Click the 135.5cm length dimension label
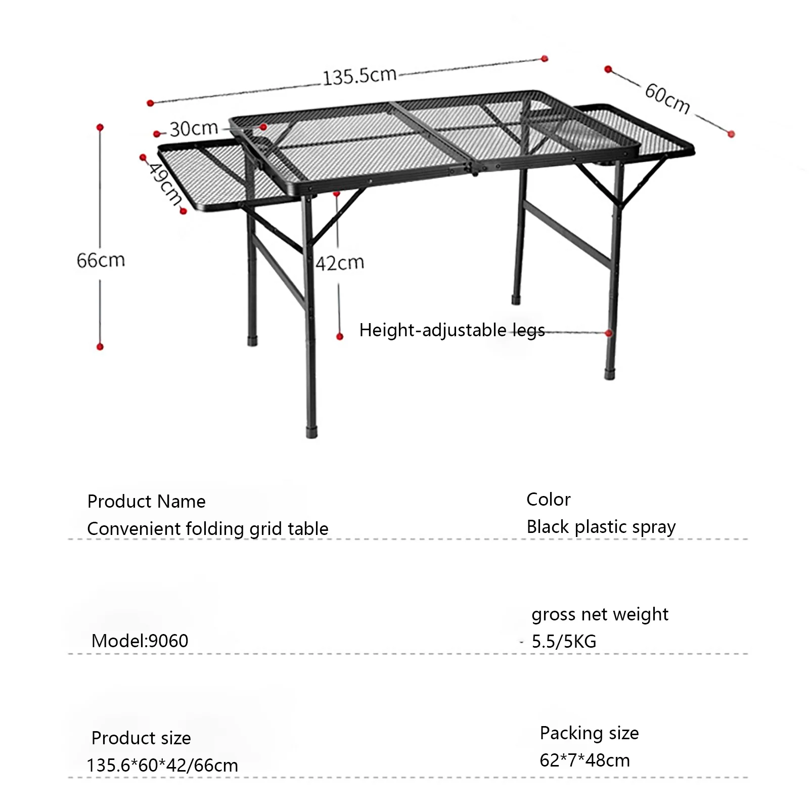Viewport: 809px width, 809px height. [x=359, y=76]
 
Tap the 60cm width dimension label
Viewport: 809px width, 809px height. [x=667, y=99]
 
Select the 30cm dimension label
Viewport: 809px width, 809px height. [x=194, y=129]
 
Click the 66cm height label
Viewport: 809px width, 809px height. [x=101, y=260]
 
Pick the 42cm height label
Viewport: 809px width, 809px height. [x=340, y=263]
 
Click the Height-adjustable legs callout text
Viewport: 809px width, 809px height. [x=452, y=330]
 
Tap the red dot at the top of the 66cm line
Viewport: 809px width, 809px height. [x=100, y=127]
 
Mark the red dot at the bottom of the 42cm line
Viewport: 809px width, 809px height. [x=340, y=336]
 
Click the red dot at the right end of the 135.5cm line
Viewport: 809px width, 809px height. [x=545, y=59]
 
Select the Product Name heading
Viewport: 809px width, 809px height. [x=146, y=502]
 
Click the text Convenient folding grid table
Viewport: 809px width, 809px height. [x=207, y=529]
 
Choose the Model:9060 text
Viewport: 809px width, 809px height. [x=140, y=641]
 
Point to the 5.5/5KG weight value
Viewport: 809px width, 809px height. [x=564, y=642]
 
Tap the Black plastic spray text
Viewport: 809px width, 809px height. [x=601, y=527]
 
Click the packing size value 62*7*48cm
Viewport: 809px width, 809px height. [x=585, y=760]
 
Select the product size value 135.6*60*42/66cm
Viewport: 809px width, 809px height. [x=162, y=766]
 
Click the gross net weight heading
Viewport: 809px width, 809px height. [x=600, y=614]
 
